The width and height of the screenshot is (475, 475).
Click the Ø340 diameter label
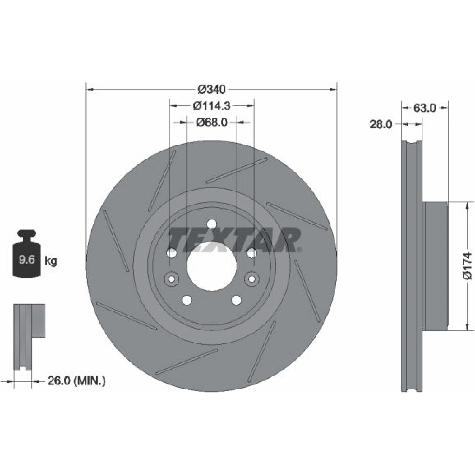[212, 89]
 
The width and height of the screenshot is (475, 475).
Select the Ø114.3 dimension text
[212, 106]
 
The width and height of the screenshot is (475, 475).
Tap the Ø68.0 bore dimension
[212, 122]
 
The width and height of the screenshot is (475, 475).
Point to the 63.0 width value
[424, 108]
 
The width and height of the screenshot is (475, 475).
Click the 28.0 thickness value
[381, 124]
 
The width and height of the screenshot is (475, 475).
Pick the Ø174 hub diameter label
[467, 266]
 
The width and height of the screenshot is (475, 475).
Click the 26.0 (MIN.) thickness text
[77, 380]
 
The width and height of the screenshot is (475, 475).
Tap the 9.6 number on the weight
[27, 260]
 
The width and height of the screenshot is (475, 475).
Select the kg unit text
[50, 261]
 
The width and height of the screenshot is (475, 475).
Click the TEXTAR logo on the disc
[235, 240]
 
